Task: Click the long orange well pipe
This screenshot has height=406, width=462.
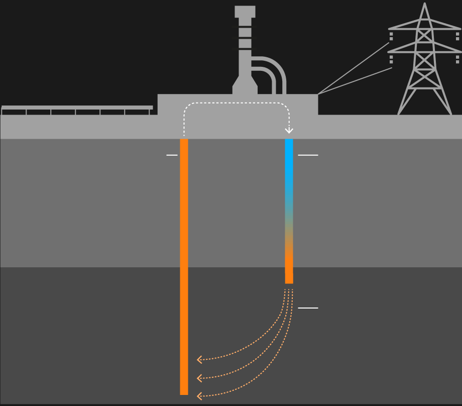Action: tap(184, 266)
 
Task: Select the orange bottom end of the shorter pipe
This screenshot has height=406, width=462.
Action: tap(289, 271)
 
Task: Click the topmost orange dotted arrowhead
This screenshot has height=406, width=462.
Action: tap(199, 359)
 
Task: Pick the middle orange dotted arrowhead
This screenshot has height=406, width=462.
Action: tap(199, 377)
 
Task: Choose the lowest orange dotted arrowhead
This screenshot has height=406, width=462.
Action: tap(199, 396)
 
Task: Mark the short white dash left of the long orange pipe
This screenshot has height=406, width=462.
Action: tap(172, 155)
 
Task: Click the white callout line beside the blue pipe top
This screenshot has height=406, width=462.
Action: tap(308, 155)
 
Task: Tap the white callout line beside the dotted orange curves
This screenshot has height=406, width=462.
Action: tap(308, 308)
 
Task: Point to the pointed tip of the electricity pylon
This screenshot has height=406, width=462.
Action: tap(425, 4)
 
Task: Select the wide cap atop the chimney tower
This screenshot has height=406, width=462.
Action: tap(245, 11)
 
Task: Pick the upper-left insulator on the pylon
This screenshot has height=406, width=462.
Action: tap(391, 36)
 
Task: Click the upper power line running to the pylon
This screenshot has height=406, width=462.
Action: tap(354, 68)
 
